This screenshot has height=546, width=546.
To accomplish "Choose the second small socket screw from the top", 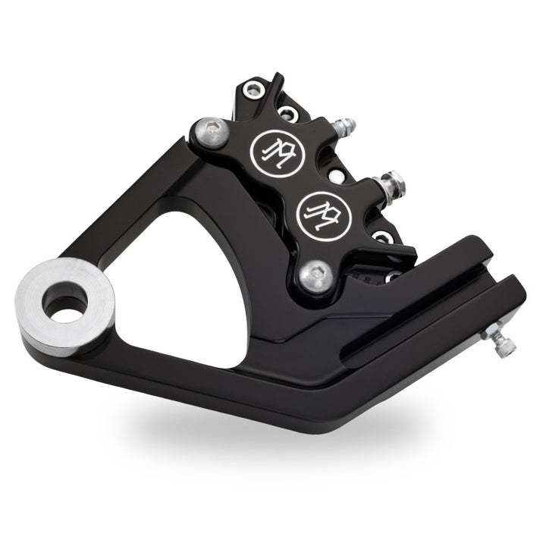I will point(287,115).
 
